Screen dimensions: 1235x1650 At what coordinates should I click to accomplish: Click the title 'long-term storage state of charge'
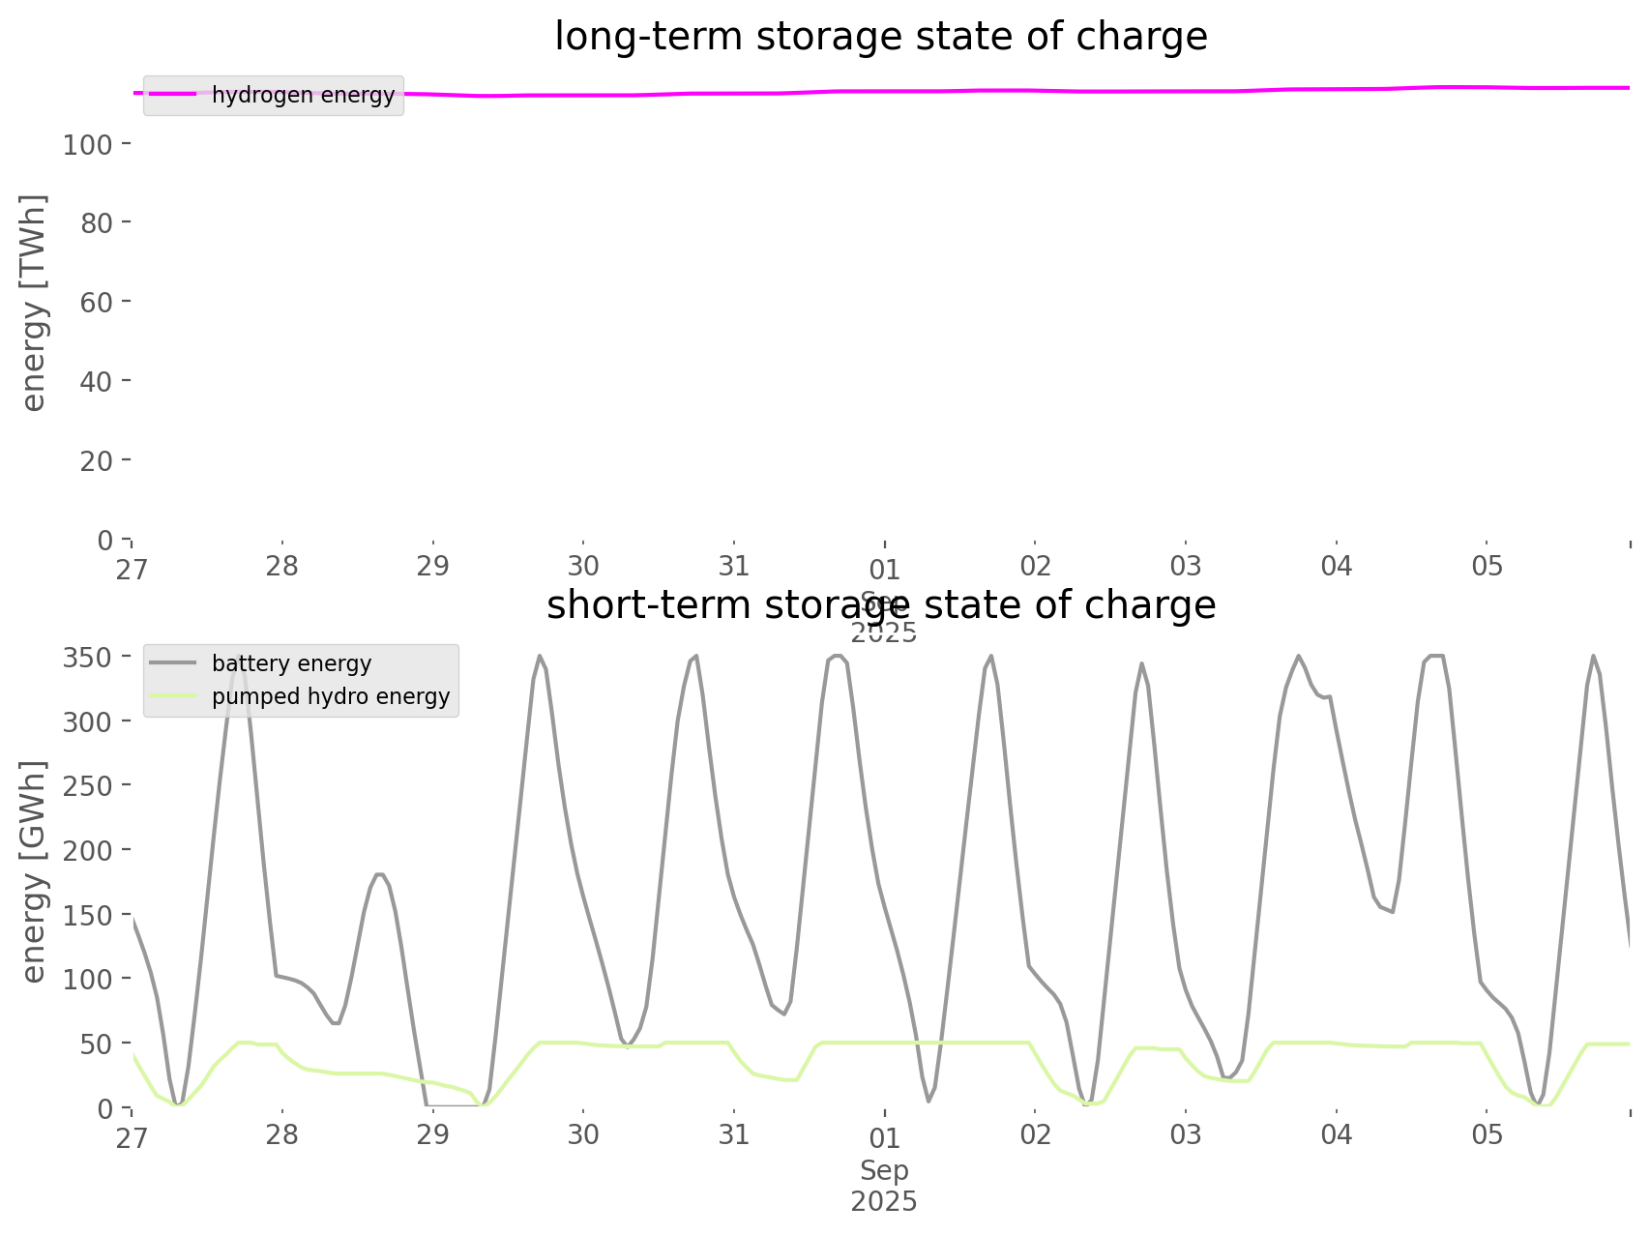click(x=880, y=37)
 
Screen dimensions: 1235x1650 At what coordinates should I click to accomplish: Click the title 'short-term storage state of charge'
click(x=880, y=605)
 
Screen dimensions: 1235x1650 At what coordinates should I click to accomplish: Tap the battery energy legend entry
click(x=291, y=663)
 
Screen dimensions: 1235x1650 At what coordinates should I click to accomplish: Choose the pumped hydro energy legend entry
click(x=330, y=696)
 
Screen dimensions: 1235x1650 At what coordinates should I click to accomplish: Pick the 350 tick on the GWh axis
click(x=88, y=658)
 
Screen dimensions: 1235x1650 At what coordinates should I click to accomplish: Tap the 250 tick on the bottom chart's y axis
click(x=88, y=786)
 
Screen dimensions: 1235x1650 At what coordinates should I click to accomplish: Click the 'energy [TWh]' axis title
click(x=34, y=302)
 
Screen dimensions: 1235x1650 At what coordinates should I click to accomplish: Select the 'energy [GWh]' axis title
click(x=34, y=870)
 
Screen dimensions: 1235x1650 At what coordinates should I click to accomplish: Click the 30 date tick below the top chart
click(x=583, y=566)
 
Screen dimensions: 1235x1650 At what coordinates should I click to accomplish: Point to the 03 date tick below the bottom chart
click(x=1186, y=1134)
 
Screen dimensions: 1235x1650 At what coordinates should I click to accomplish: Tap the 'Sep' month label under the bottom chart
click(x=884, y=1170)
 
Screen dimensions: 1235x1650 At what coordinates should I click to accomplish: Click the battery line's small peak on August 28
click(x=380, y=874)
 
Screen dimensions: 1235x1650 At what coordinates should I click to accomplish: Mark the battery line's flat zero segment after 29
click(x=455, y=1105)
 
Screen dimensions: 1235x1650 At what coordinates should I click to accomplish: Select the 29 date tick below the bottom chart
click(x=433, y=1134)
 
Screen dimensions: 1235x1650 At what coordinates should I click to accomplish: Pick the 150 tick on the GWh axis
click(x=88, y=915)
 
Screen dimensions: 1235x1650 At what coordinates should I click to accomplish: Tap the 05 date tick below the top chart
click(x=1488, y=566)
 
